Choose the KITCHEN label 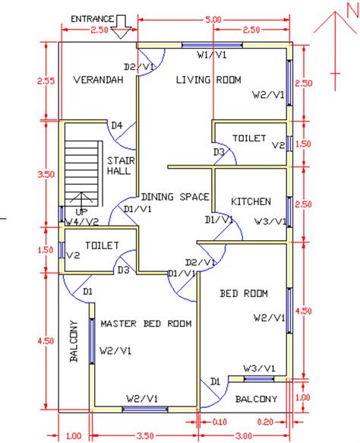pos(251,201)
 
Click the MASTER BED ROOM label pos(146,323)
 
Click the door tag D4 pos(116,125)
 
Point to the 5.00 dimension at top pos(213,18)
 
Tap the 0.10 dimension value pos(219,420)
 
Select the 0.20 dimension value pos(265,420)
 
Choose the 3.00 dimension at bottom pos(243,435)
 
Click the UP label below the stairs pos(77,213)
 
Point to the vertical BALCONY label pos(74,341)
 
